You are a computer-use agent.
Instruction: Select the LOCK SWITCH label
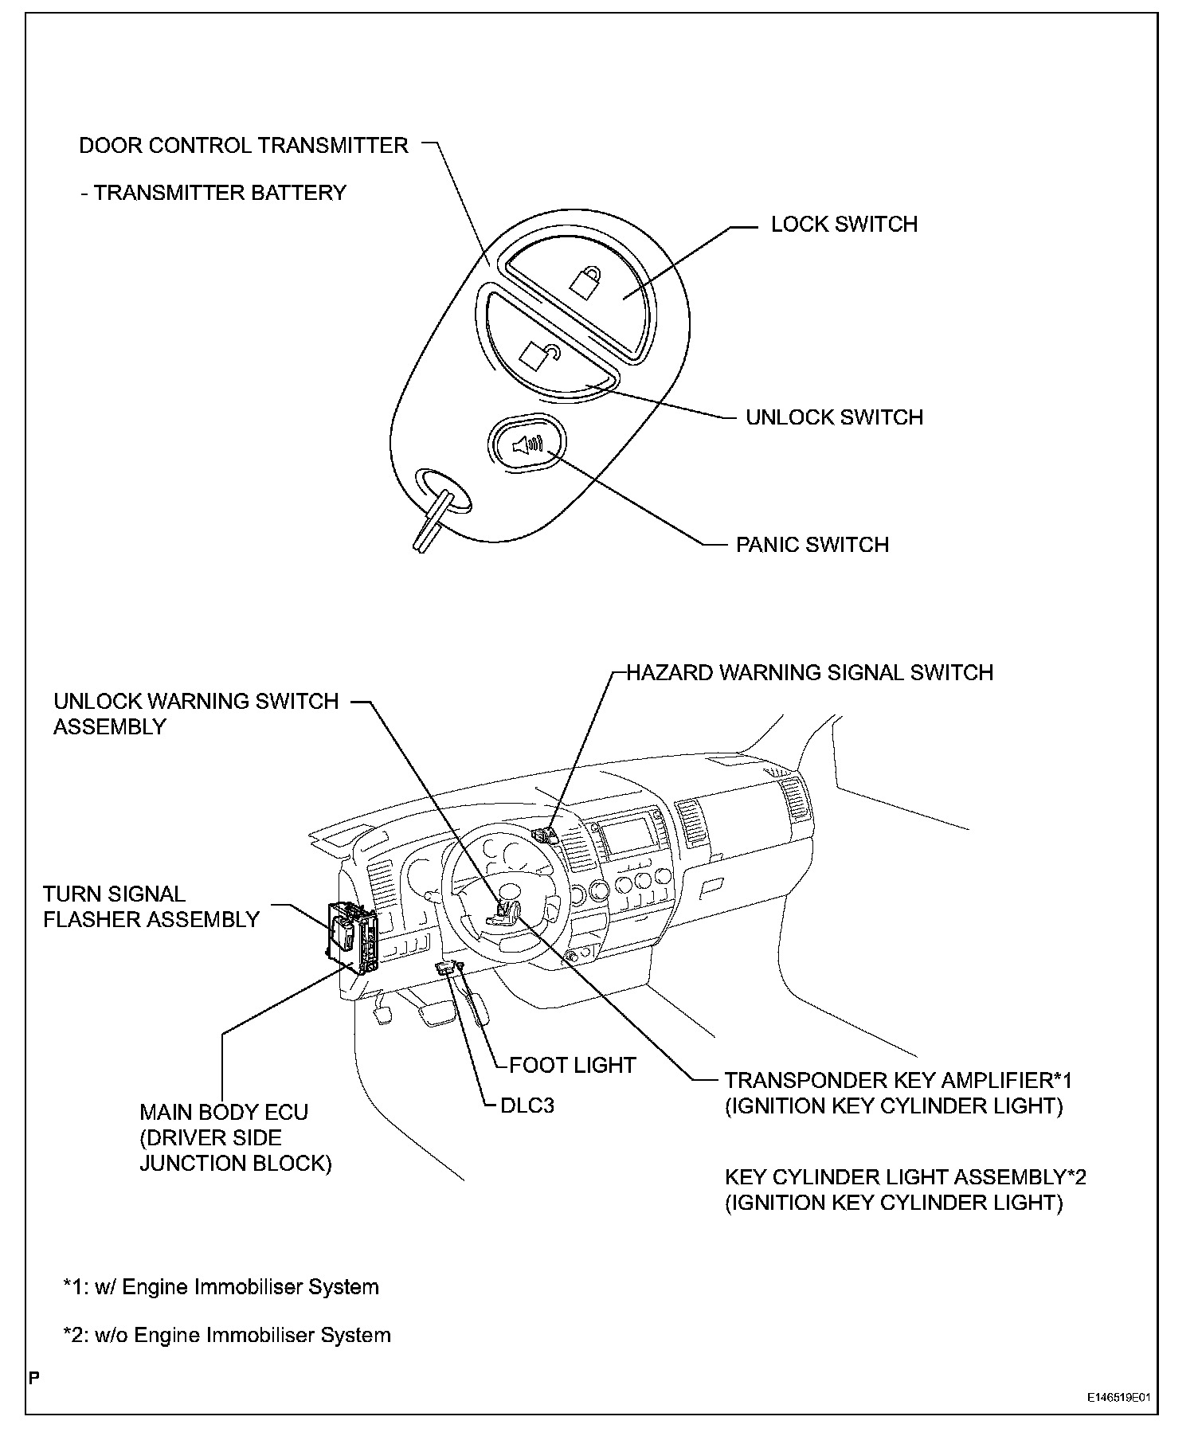844,225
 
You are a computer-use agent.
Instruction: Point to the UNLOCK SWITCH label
834,417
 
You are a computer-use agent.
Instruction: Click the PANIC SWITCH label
812,545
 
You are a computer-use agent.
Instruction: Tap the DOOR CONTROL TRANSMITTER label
244,146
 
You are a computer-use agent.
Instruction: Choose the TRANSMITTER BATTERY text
220,193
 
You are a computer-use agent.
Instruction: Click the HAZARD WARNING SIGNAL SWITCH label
809,673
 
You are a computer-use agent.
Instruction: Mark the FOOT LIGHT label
572,1065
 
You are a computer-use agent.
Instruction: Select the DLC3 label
527,1105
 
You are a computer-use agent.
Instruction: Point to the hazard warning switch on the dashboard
546,835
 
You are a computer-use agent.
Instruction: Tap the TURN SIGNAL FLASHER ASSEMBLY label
151,907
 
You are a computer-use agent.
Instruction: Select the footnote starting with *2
227,1335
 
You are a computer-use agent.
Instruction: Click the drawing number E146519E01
1120,1397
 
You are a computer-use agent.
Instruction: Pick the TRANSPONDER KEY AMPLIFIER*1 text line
898,1081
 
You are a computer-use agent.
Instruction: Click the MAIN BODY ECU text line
224,1113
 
